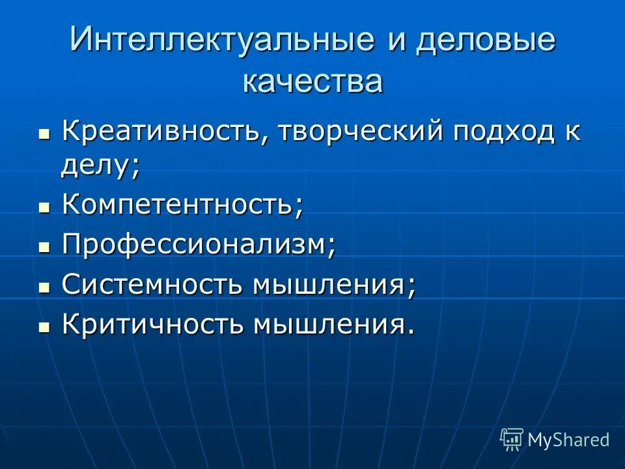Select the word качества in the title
click(312, 82)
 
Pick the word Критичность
click(153, 324)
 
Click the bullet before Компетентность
click(44, 208)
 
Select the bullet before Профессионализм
click(44, 248)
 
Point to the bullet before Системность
click(44, 287)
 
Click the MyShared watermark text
click(568, 440)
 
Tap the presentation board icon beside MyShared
click(512, 439)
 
